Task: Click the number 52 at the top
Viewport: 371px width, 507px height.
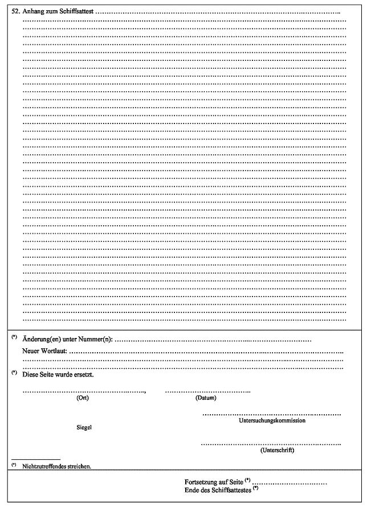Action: pos(15,11)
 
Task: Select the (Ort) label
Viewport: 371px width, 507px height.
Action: pos(83,398)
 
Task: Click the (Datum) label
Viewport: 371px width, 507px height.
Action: pos(206,398)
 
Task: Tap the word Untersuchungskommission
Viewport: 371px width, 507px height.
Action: pos(270,421)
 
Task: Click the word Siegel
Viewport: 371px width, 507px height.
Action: pos(84,427)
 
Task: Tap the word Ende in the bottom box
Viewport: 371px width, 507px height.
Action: pos(192,489)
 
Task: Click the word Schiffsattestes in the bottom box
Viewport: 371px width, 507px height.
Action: pos(230,489)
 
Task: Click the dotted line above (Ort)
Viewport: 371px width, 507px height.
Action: pos(83,391)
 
